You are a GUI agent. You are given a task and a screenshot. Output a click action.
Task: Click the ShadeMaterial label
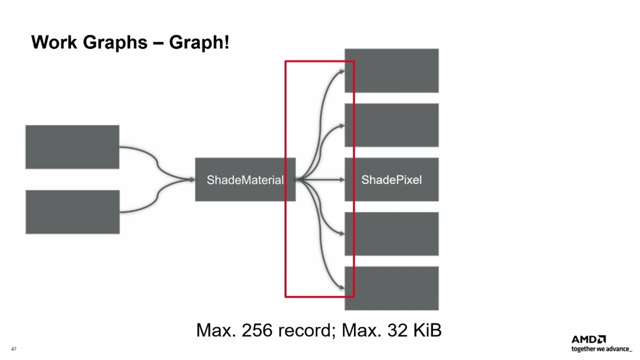[245, 180]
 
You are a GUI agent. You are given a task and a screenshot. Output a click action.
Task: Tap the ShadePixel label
[391, 180]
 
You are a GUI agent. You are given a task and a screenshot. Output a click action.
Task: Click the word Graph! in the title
[199, 42]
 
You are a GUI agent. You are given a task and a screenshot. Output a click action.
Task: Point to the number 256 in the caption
[258, 330]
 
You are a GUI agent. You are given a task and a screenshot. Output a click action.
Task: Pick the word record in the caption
[306, 330]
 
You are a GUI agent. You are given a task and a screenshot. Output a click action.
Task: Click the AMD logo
[588, 339]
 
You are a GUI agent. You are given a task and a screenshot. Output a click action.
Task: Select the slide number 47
[13, 349]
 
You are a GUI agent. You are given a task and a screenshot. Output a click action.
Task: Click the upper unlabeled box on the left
[72, 147]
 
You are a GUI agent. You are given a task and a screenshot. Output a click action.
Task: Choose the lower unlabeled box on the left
[72, 212]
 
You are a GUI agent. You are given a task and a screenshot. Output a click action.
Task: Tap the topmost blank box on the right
[391, 70]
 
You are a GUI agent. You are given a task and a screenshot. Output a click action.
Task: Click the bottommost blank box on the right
[391, 288]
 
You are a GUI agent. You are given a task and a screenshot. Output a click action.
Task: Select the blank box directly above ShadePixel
[391, 125]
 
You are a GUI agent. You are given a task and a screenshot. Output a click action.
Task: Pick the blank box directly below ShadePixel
[391, 233]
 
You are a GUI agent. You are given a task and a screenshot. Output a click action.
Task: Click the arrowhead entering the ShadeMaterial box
[192, 179]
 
